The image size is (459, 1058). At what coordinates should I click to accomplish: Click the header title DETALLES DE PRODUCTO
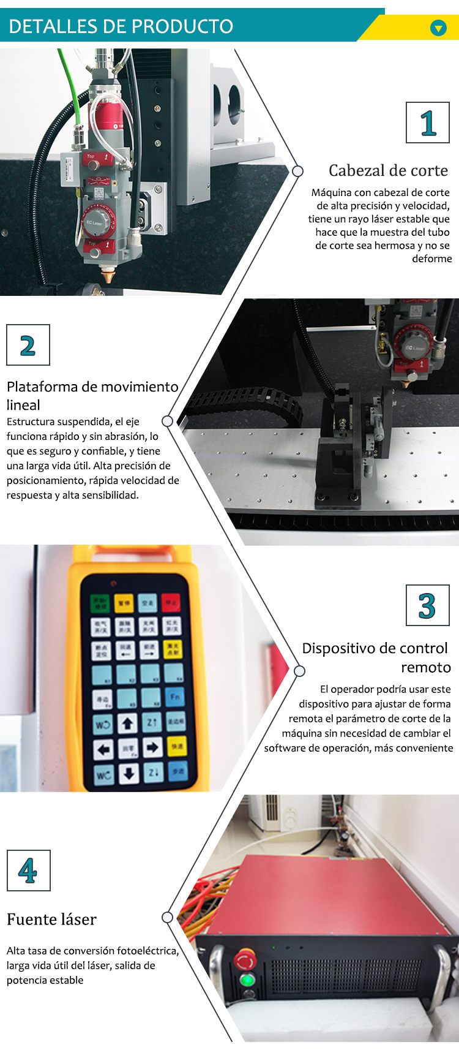click(x=121, y=26)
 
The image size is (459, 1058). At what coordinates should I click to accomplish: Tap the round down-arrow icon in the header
click(x=438, y=28)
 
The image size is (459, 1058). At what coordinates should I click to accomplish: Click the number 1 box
click(x=428, y=123)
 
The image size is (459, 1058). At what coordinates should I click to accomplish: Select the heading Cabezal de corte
click(x=388, y=170)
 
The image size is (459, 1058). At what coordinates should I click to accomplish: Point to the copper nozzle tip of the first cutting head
click(x=109, y=276)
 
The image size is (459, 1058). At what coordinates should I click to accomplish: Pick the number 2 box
click(x=28, y=346)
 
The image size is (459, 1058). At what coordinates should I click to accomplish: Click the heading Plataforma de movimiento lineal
click(x=92, y=395)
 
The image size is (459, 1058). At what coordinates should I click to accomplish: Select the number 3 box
click(x=427, y=605)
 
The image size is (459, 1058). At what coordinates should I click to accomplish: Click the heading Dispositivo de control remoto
click(x=376, y=657)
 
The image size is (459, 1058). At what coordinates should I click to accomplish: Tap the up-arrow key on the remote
click(x=127, y=724)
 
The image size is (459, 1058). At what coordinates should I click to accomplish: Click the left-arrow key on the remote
click(x=103, y=748)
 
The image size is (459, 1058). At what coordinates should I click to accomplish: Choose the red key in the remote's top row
click(x=171, y=603)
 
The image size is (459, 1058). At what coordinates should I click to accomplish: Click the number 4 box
click(x=28, y=871)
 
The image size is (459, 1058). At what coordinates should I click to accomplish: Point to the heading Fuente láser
click(x=52, y=920)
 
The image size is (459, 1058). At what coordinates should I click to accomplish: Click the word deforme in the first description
click(x=431, y=259)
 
